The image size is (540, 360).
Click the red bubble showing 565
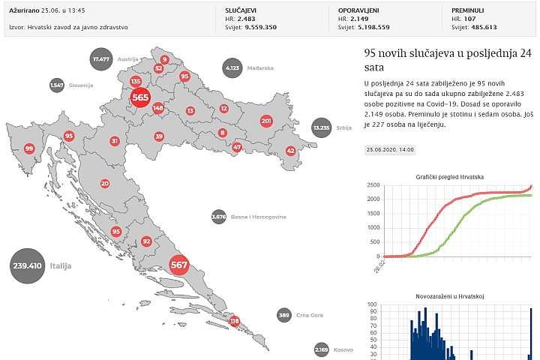pyautogui.click(x=140, y=97)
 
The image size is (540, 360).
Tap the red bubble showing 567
pyautogui.click(x=178, y=265)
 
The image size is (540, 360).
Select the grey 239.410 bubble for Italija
pyautogui.click(x=28, y=265)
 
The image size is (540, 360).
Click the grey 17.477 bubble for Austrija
pyautogui.click(x=100, y=58)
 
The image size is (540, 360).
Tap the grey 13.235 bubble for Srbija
pyautogui.click(x=322, y=127)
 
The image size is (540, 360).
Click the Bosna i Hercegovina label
pyautogui.click(x=259, y=217)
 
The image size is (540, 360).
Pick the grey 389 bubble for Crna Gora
pyautogui.click(x=283, y=316)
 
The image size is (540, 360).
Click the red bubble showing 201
pyautogui.click(x=266, y=121)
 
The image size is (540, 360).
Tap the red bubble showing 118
pyautogui.click(x=235, y=321)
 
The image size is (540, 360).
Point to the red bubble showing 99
pyautogui.click(x=29, y=148)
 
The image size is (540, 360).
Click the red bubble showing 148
pyautogui.click(x=157, y=108)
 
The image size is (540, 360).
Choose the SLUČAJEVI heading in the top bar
pyautogui.click(x=243, y=9)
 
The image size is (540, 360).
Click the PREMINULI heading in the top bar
pyautogui.click(x=469, y=9)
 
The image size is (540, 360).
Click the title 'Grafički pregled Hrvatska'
pyautogui.click(x=450, y=176)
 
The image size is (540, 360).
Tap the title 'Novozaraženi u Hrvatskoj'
pyautogui.click(x=450, y=296)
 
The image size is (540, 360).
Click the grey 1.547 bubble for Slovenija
pyautogui.click(x=57, y=85)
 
